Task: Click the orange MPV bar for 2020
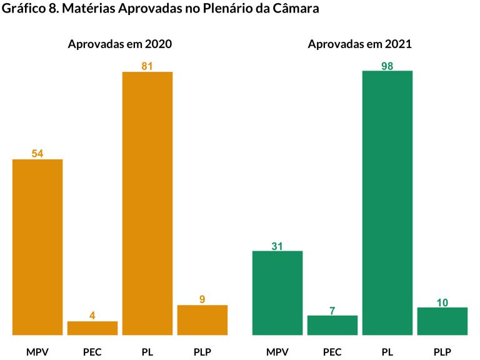click(x=37, y=247)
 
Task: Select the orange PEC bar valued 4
click(x=92, y=328)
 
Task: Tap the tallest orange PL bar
click(x=147, y=203)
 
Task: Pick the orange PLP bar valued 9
click(x=202, y=320)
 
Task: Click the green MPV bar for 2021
click(x=277, y=292)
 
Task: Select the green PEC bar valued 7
click(x=332, y=325)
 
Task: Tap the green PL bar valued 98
click(x=387, y=202)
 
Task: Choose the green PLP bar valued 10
click(x=442, y=321)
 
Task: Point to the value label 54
click(x=37, y=154)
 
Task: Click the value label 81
click(x=147, y=66)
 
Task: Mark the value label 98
click(x=387, y=66)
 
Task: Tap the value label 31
click(x=277, y=246)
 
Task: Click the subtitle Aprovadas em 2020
click(x=120, y=44)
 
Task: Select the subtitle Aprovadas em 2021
click(x=360, y=44)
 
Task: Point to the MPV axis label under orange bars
click(x=37, y=352)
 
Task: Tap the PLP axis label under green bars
click(x=442, y=352)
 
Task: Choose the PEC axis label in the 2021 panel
click(x=332, y=352)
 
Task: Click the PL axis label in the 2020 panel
click(x=147, y=352)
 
